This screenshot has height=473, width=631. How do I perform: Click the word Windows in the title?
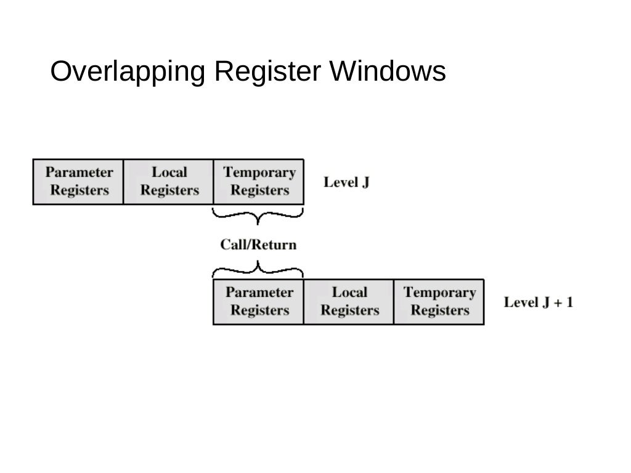pos(388,73)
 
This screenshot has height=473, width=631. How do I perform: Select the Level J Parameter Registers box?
pos(78,182)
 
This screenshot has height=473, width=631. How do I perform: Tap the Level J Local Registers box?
pos(169,182)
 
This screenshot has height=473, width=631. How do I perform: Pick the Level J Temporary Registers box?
pos(259,182)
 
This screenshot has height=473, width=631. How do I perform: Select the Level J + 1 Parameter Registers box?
pos(259,302)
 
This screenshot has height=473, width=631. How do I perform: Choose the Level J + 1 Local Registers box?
pos(349,302)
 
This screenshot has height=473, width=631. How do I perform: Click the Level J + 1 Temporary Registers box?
pos(439,302)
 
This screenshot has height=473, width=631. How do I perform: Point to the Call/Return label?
pos(258,245)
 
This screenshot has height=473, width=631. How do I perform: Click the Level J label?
pos(346,182)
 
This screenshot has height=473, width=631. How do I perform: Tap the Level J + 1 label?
pos(538,302)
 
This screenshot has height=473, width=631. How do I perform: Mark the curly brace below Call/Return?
pos(258,269)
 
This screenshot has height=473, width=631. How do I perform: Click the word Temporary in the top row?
pos(259,172)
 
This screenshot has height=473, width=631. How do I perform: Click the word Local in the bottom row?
pos(349,293)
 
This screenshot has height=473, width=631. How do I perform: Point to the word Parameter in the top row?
pos(79,172)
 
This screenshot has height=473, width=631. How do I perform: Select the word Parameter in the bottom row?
pos(259,293)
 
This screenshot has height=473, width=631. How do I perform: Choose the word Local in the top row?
pos(169,172)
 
